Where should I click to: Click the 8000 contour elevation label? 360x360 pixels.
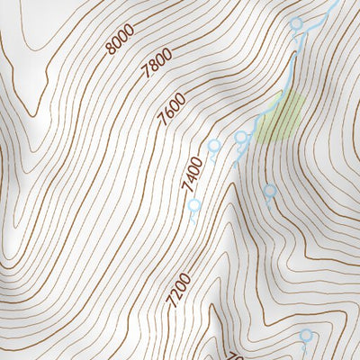tap(120, 39)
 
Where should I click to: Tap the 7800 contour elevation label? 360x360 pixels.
tap(157, 66)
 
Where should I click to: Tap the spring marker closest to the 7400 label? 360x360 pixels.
tap(193, 206)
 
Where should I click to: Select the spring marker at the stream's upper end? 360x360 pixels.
tap(297, 24)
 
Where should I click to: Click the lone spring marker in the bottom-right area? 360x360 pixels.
tap(306, 336)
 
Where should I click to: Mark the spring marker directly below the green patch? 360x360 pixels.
tap(269, 191)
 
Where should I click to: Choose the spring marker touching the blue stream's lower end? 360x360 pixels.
tap(241, 138)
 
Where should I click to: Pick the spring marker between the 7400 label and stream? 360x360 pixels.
tap(214, 146)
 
